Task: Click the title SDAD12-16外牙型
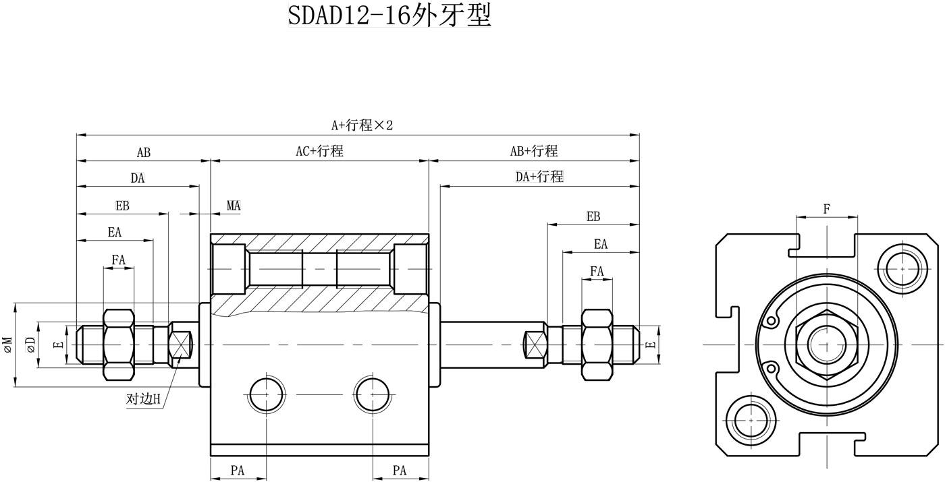(x=389, y=16)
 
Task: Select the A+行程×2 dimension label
(x=362, y=125)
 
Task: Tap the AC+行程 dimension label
(x=319, y=151)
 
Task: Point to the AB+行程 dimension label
(x=534, y=151)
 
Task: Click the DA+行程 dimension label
(x=539, y=176)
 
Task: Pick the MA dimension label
(x=234, y=206)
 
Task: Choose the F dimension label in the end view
(x=827, y=208)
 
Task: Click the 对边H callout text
(x=143, y=398)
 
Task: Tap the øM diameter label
(x=7, y=344)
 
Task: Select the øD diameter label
(x=30, y=344)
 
